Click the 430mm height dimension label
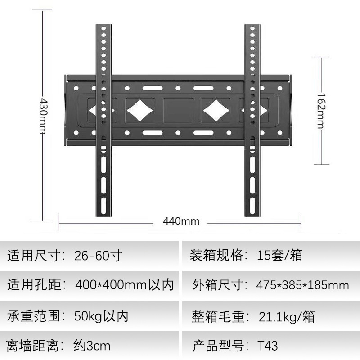(x=42, y=116)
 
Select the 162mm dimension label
(x=321, y=110)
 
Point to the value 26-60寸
(x=98, y=256)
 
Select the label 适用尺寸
(x=36, y=256)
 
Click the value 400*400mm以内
(x=124, y=285)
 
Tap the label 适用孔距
(x=36, y=285)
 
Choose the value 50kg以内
(x=101, y=315)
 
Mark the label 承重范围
(x=36, y=315)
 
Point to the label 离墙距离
(x=36, y=346)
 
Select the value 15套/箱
(x=280, y=256)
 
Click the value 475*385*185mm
(x=302, y=285)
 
